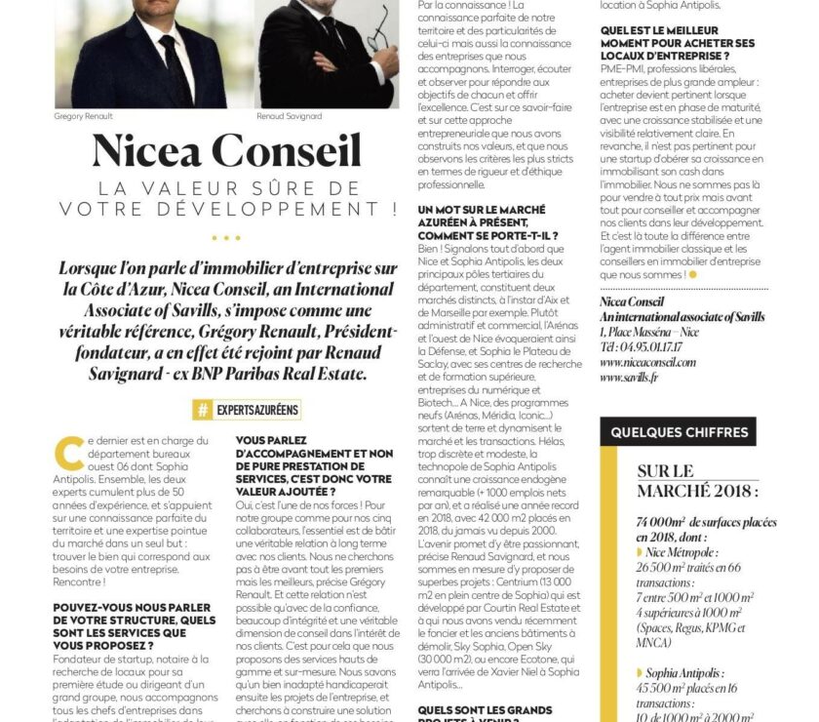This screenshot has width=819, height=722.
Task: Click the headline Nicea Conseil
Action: (x=226, y=150)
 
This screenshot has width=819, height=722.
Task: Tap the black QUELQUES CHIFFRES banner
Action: (x=679, y=432)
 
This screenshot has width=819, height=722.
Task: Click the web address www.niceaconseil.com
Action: (x=648, y=361)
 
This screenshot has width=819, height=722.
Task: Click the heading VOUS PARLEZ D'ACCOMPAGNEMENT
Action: (x=314, y=465)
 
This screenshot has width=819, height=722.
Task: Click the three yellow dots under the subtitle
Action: (x=225, y=237)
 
